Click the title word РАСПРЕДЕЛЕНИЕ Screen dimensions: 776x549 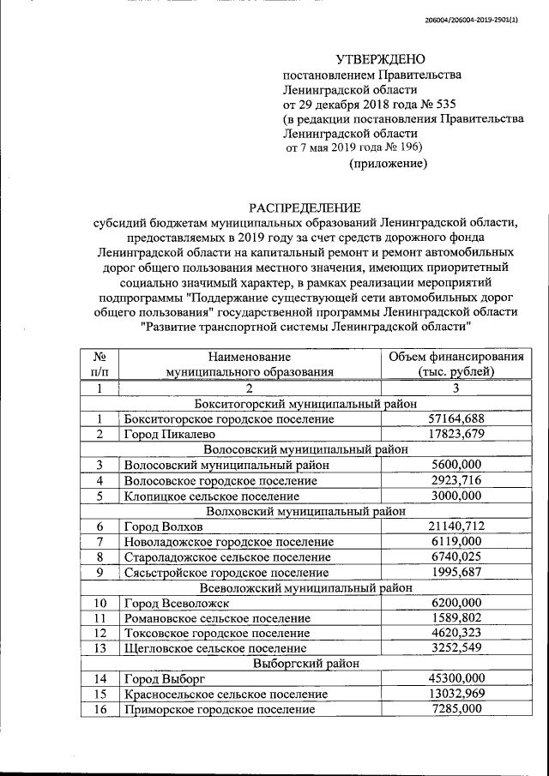point(305,208)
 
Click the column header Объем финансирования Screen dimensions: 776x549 point(456,356)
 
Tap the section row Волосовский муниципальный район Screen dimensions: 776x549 point(305,448)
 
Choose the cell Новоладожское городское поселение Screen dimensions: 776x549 point(228,541)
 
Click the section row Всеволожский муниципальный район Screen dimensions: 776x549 point(305,587)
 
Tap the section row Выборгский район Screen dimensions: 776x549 point(305,664)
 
